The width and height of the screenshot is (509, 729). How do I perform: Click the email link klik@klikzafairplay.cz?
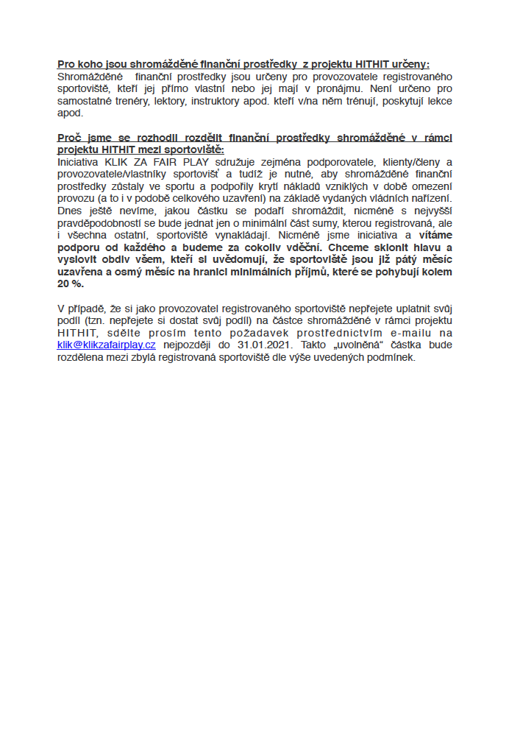point(106,344)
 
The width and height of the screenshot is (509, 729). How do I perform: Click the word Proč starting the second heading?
point(68,137)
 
